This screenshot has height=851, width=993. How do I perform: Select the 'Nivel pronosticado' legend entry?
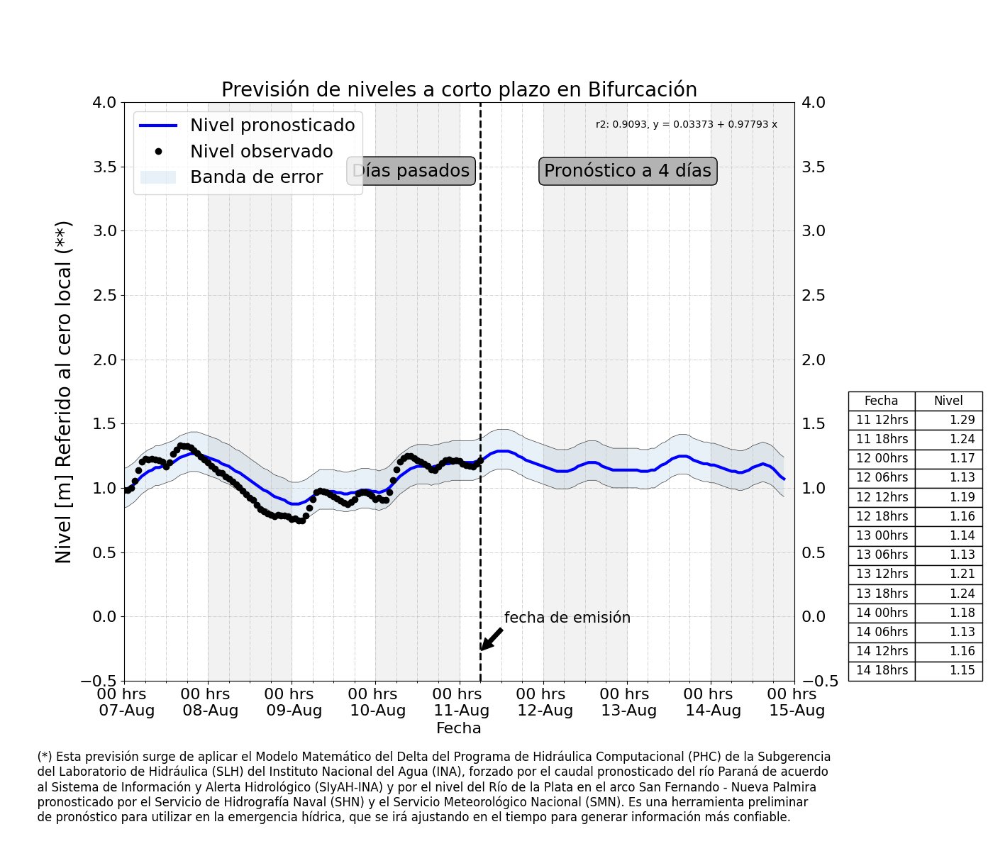pyautogui.click(x=247, y=126)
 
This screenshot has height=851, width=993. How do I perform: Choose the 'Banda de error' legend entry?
pyautogui.click(x=231, y=177)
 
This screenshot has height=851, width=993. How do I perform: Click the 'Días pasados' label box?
pyautogui.click(x=411, y=170)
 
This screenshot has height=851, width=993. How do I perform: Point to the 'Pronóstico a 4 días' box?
pyautogui.click(x=628, y=170)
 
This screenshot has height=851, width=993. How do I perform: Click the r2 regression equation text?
pyautogui.click(x=686, y=124)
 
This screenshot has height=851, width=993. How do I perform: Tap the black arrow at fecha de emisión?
pyautogui.click(x=492, y=639)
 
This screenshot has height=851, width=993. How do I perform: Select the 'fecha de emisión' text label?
pyautogui.click(x=567, y=618)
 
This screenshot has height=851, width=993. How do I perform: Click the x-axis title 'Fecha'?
pyautogui.click(x=458, y=728)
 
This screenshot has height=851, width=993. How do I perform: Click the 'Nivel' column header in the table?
pyautogui.click(x=948, y=401)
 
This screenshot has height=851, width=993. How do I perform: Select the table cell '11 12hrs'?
pyautogui.click(x=882, y=420)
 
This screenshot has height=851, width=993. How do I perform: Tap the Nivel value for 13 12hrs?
pyautogui.click(x=962, y=574)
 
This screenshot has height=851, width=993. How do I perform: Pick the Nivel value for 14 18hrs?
pyautogui.click(x=962, y=670)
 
